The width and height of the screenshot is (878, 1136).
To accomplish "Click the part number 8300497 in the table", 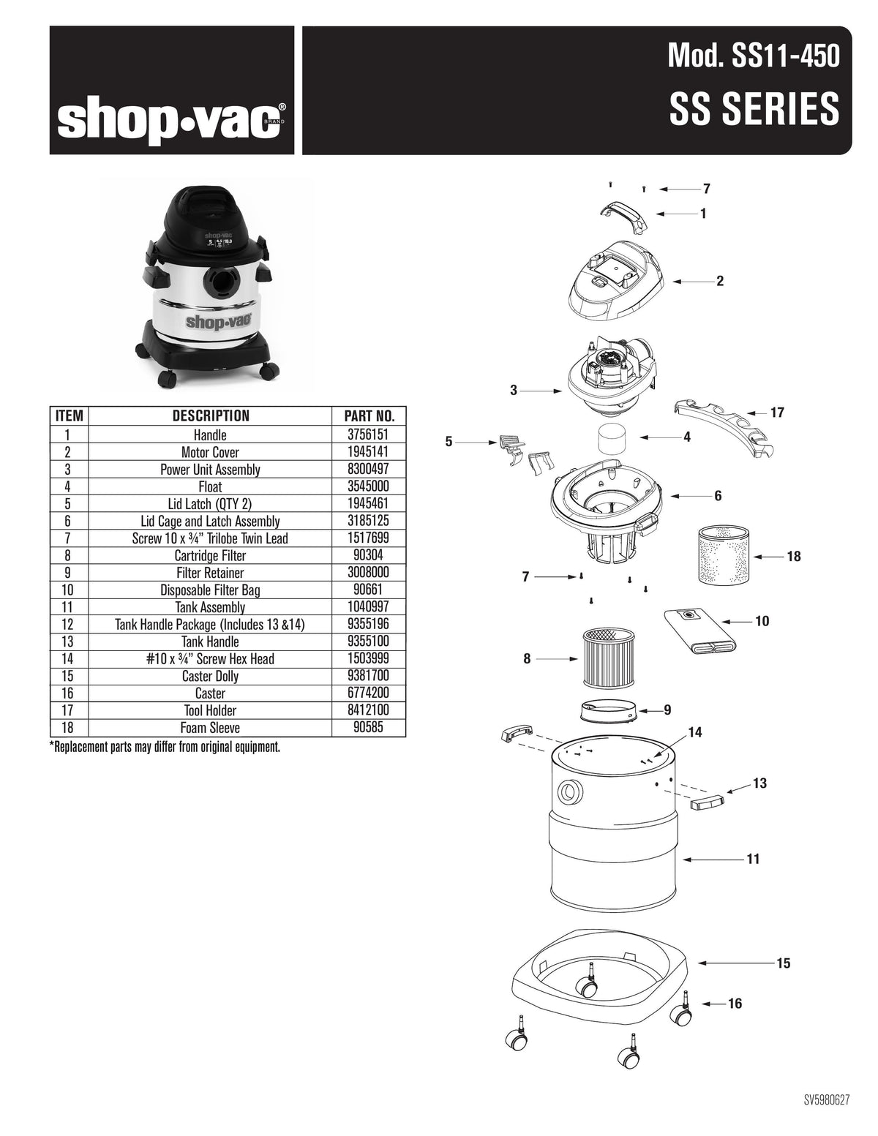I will pyautogui.click(x=369, y=470).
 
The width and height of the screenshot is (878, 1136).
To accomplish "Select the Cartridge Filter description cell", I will pyautogui.click(x=210, y=556).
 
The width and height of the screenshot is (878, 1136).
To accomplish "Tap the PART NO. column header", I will pyautogui.click(x=369, y=416).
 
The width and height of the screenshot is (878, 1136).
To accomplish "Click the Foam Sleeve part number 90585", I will pyautogui.click(x=369, y=728).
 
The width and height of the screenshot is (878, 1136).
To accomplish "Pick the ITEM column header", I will pyautogui.click(x=69, y=416).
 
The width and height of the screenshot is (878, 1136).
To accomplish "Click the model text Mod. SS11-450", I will pyautogui.click(x=754, y=56).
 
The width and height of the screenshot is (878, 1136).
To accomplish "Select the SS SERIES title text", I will pyautogui.click(x=754, y=109).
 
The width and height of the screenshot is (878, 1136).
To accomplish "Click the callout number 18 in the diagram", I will pyautogui.click(x=793, y=557).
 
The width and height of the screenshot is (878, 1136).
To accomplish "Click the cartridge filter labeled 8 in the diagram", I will pyautogui.click(x=609, y=658).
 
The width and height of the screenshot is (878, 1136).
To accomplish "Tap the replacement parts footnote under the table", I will pyautogui.click(x=165, y=748).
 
